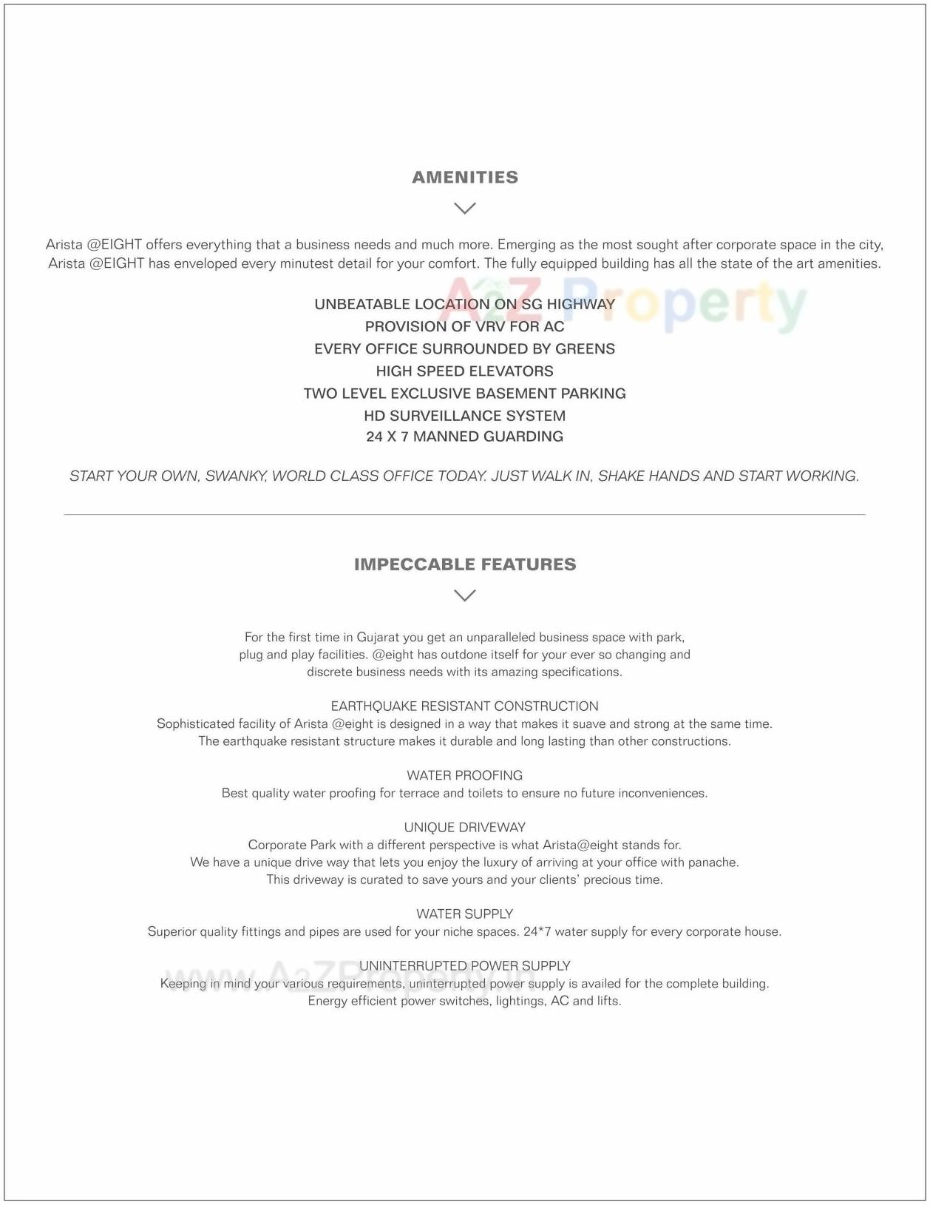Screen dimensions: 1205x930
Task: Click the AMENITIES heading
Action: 464,178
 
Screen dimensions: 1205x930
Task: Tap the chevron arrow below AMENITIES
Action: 464,209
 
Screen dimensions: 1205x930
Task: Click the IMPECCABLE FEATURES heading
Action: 464,564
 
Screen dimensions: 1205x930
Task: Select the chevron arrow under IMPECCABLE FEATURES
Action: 464,595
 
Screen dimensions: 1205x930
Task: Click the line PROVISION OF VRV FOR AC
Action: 464,326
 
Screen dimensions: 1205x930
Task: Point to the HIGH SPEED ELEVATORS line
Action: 464,371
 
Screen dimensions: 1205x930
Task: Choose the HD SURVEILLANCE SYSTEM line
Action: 464,416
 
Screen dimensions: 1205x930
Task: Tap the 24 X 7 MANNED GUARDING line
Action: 464,436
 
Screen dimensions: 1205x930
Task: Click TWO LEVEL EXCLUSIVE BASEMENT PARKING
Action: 464,394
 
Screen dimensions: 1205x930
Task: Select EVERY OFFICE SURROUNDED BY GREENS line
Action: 464,348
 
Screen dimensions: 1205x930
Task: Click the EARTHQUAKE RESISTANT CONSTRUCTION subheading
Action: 464,706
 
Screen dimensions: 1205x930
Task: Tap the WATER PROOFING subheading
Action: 464,775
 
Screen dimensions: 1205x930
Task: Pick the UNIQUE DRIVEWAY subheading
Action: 464,827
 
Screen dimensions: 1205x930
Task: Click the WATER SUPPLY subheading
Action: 464,914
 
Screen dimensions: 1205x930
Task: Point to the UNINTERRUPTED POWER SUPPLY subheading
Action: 464,965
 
